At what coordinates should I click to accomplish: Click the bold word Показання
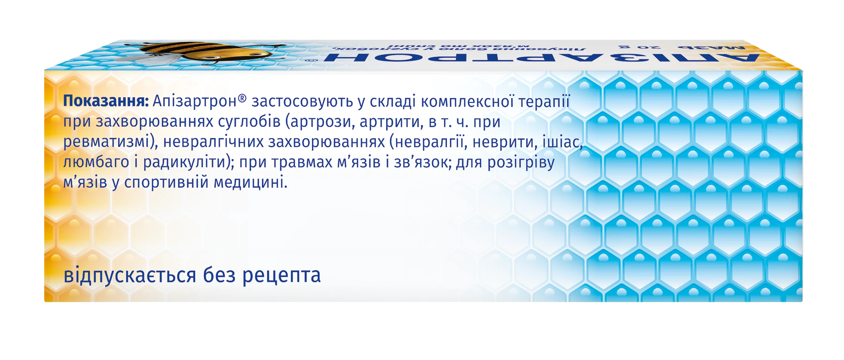106,101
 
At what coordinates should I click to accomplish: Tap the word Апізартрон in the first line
194,101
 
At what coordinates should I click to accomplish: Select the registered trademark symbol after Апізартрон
242,98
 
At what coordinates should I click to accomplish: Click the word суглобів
249,122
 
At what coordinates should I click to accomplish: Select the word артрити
391,122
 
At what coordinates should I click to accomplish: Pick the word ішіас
562,142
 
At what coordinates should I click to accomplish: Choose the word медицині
250,183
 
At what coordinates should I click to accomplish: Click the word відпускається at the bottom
130,275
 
